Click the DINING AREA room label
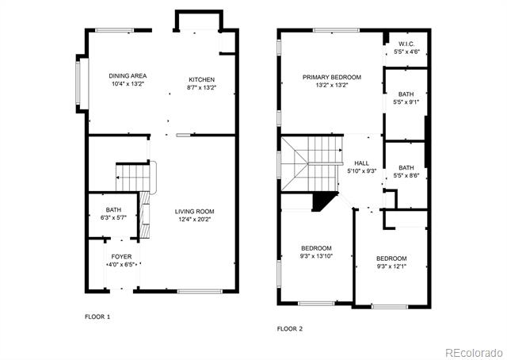[128, 76]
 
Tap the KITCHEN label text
[202, 79]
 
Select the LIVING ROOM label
[195, 212]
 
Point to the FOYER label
[121, 257]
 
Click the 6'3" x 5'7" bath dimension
[113, 218]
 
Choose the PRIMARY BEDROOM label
[332, 78]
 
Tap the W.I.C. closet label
[406, 44]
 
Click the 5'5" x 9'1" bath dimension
[406, 102]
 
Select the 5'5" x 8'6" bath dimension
[406, 176]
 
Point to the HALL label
[361, 163]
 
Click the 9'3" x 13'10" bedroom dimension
[317, 256]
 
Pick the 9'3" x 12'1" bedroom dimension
[391, 266]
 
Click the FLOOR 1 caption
[97, 317]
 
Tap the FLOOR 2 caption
[290, 329]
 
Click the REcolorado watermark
[475, 353]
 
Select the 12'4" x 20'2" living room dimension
[195, 220]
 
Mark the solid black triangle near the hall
[322, 201]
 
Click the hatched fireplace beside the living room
[145, 215]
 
